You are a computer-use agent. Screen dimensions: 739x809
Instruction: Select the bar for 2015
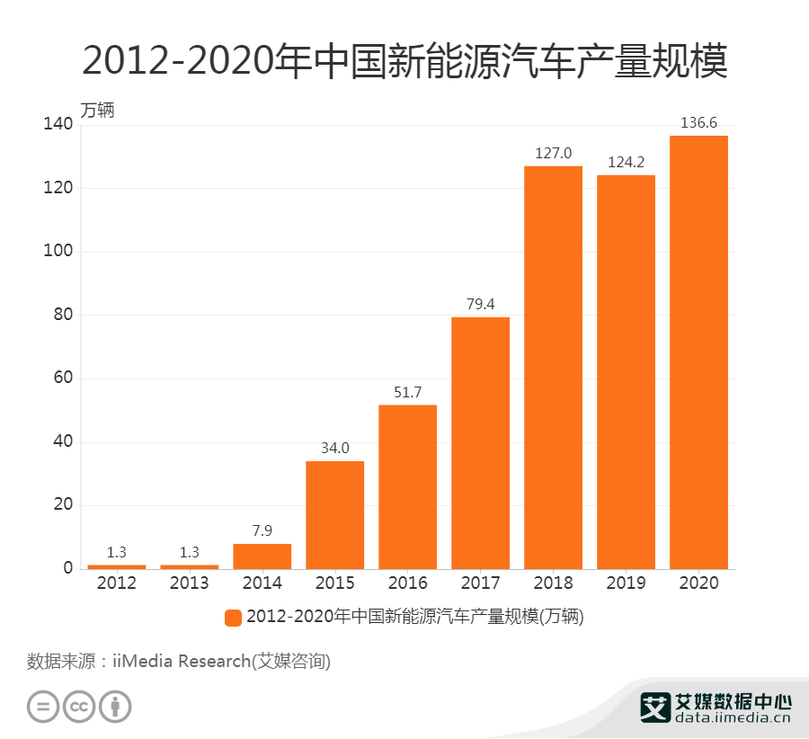point(334,514)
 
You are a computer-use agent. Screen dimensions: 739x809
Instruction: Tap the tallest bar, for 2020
point(698,352)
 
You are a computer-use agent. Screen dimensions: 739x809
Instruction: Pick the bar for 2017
point(480,442)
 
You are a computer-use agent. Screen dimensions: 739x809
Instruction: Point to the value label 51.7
point(407,392)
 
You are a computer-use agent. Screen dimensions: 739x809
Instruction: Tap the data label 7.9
point(262,530)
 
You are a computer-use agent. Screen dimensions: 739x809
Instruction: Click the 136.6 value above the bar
point(698,123)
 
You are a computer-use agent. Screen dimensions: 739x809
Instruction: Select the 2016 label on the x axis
point(407,583)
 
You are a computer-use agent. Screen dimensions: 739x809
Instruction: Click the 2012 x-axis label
point(116,583)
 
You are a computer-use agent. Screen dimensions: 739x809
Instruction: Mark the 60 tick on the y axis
point(60,378)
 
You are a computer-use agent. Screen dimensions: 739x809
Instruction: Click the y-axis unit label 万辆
point(98,111)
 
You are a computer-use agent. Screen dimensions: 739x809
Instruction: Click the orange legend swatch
point(233,617)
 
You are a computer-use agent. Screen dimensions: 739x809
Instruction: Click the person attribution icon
point(115,706)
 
